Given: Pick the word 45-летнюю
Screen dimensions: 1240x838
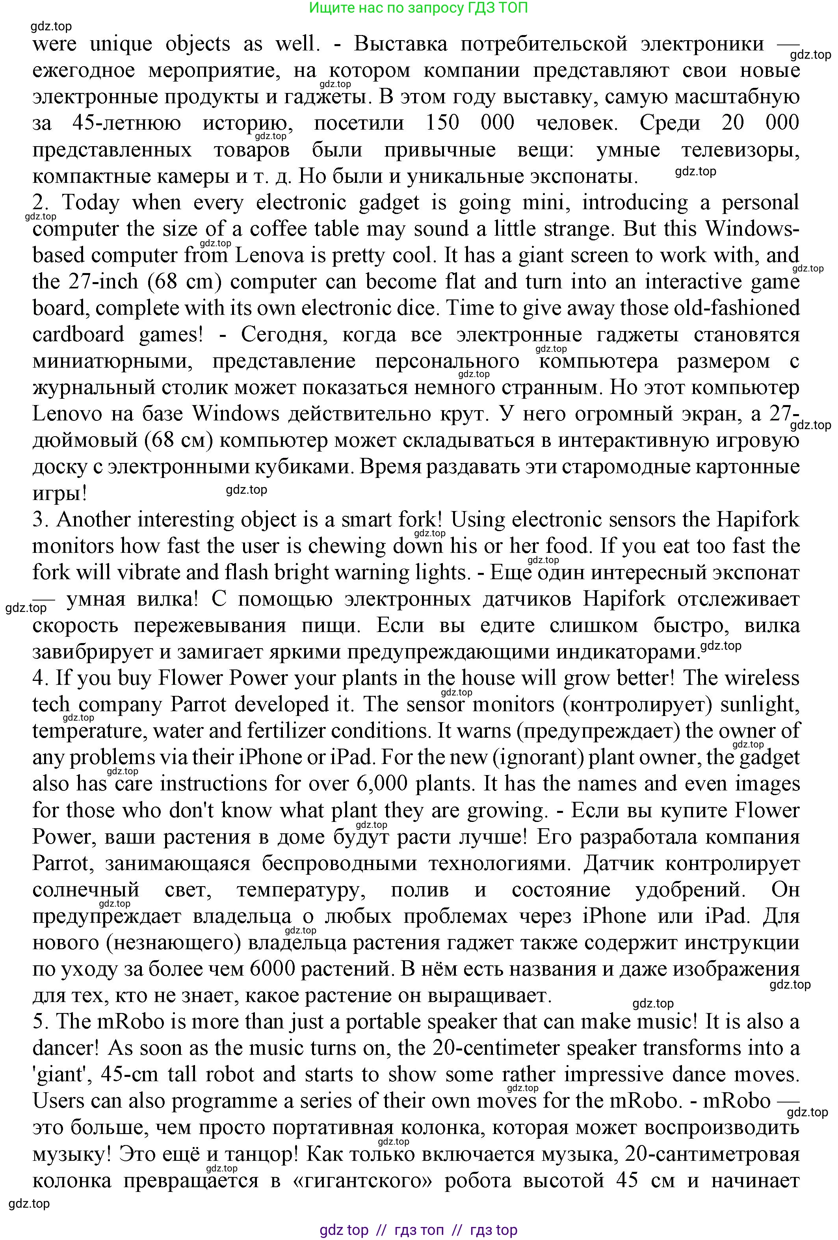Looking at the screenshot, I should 126,123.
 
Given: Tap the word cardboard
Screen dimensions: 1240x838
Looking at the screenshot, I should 78,334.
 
